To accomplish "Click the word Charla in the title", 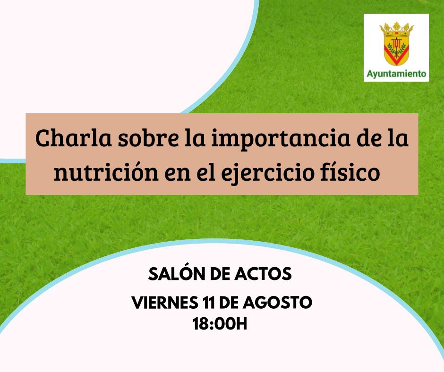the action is [x=74, y=138].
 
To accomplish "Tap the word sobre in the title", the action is [x=148, y=138].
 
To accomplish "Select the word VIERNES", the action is [x=165, y=303].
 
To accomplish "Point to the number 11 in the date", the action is [x=209, y=303].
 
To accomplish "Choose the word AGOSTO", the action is [x=278, y=303].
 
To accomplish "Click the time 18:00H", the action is [x=220, y=324].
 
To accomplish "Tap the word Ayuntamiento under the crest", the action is [x=396, y=74].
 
